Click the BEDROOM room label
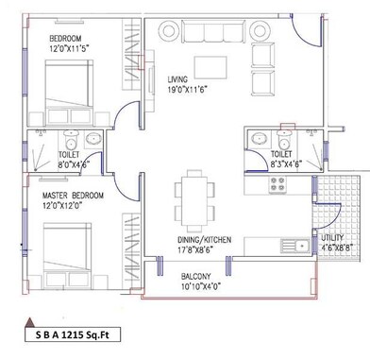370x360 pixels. pyautogui.click(x=72, y=38)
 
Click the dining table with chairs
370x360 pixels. pyautogui.click(x=196, y=196)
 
